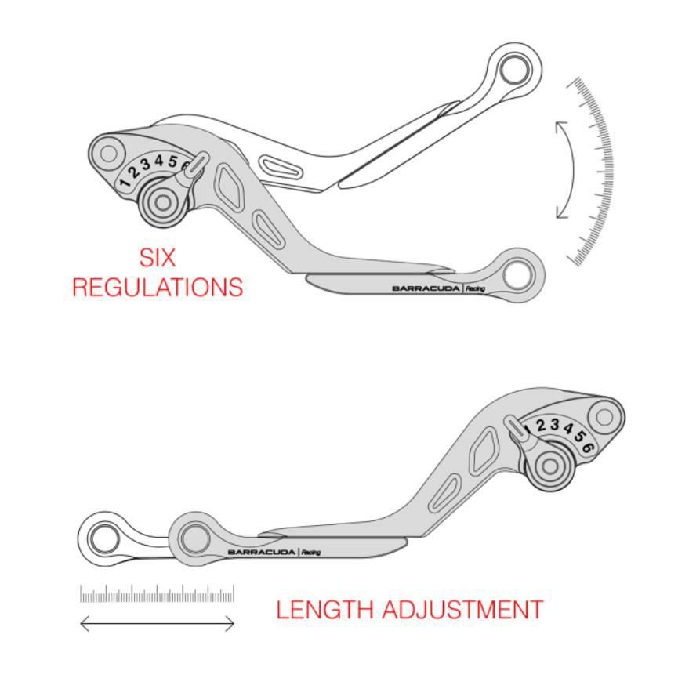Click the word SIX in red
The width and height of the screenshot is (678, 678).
[x=157, y=258]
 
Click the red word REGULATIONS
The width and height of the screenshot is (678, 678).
[x=157, y=287]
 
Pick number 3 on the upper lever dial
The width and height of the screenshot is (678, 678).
[x=146, y=165]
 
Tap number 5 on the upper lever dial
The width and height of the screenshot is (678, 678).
[x=171, y=161]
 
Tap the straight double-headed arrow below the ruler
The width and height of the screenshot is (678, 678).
[x=158, y=624]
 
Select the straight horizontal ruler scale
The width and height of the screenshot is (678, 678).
[x=157, y=595]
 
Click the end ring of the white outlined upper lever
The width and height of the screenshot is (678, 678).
[x=514, y=69]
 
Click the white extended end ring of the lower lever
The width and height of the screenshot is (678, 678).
[x=102, y=539]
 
